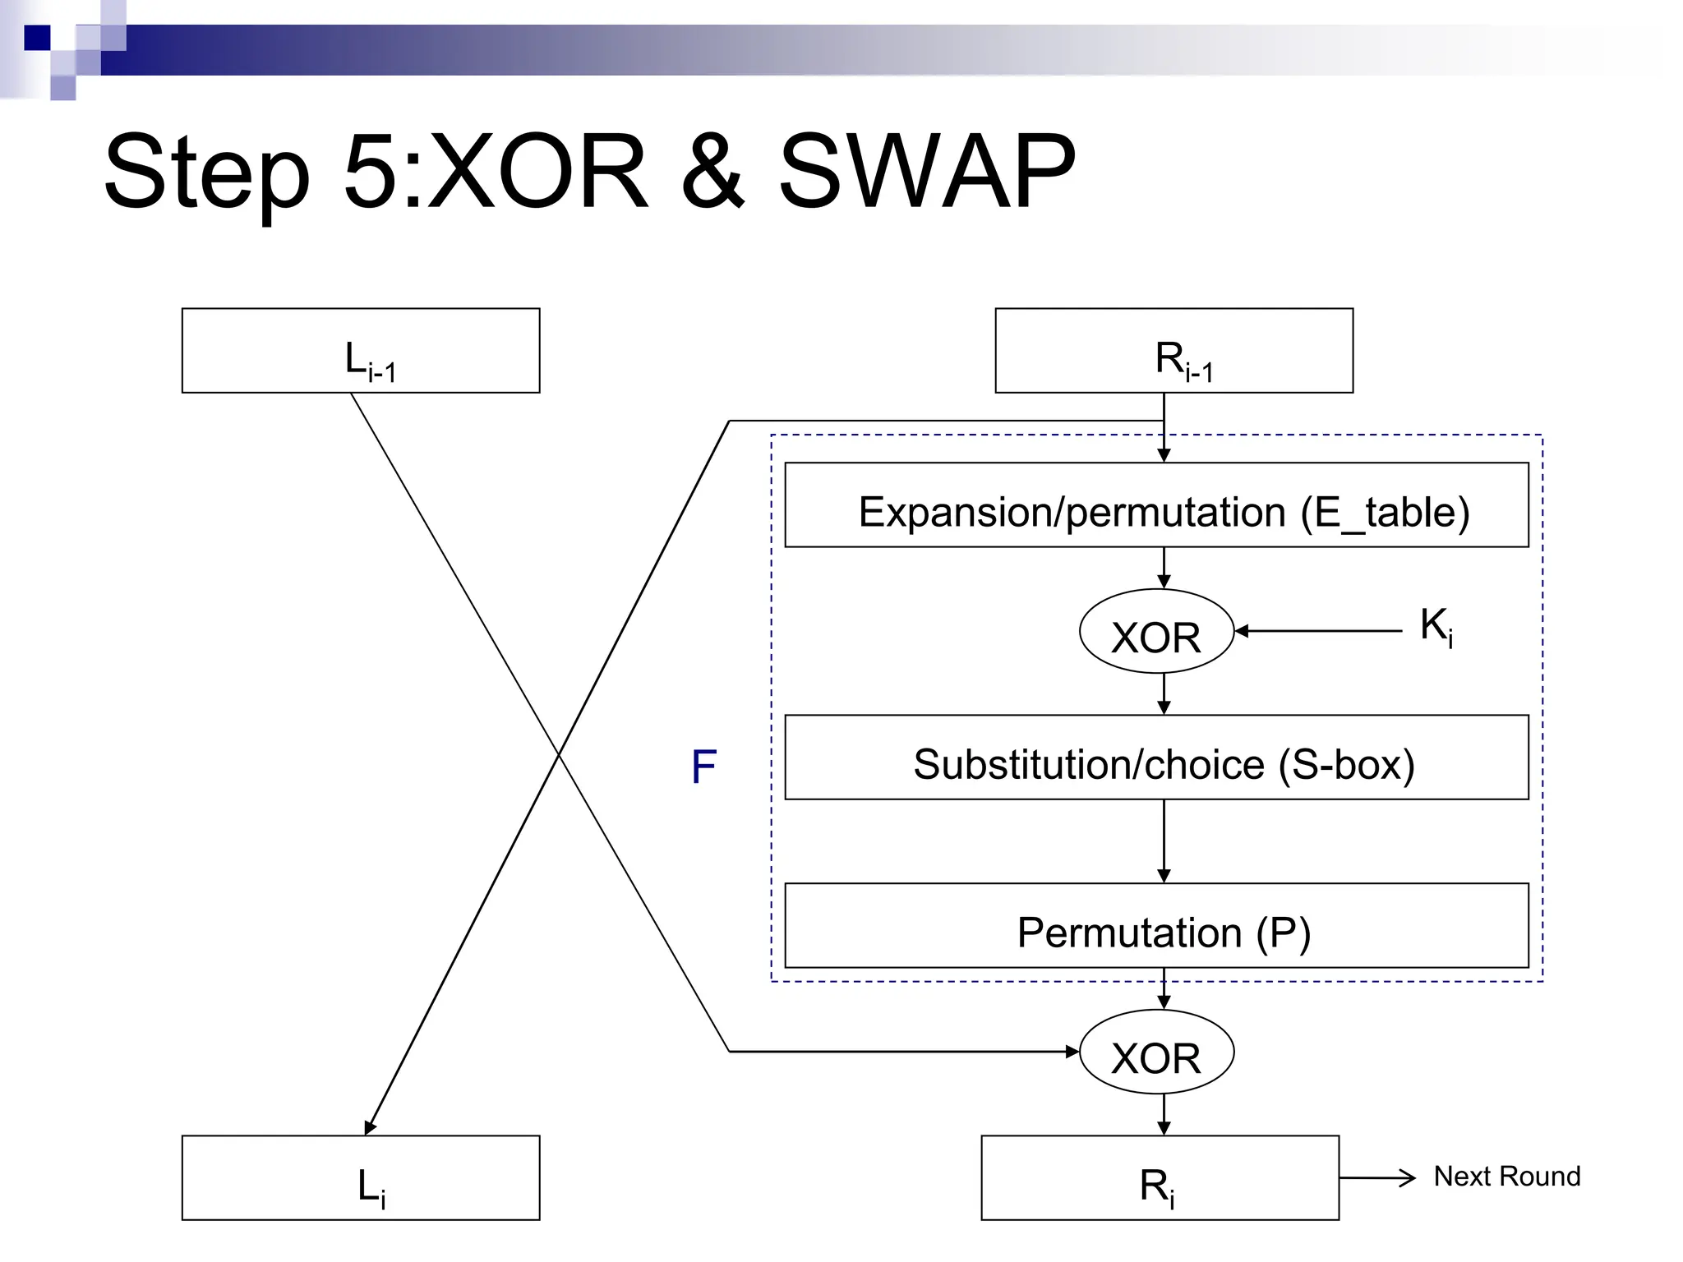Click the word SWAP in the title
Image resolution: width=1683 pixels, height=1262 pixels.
pyautogui.click(x=926, y=173)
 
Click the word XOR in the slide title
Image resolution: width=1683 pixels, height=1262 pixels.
pyautogui.click(x=538, y=173)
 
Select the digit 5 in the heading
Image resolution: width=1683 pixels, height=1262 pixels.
pyautogui.click(x=374, y=173)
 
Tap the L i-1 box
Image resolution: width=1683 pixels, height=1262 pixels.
pyautogui.click(x=360, y=351)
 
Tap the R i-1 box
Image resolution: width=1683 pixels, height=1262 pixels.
pyautogui.click(x=1173, y=351)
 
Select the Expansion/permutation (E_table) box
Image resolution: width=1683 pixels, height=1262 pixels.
pyautogui.click(x=1156, y=505)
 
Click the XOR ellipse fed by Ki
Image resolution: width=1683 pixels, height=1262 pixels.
pyautogui.click(x=1156, y=632)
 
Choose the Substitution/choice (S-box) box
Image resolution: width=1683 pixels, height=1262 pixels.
pyautogui.click(x=1156, y=758)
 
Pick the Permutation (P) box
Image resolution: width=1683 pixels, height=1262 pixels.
pyautogui.click(x=1156, y=926)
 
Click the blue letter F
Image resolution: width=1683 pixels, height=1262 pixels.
pyautogui.click(x=703, y=767)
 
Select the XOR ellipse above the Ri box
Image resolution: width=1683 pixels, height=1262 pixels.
pyautogui.click(x=1156, y=1052)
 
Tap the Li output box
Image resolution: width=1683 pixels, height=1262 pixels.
pyautogui.click(x=360, y=1178)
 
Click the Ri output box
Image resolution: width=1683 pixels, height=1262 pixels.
pyautogui.click(x=1160, y=1178)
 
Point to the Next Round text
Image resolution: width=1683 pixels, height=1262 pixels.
pyautogui.click(x=1506, y=1177)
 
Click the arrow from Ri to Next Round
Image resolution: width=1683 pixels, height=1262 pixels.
pyautogui.click(x=1376, y=1178)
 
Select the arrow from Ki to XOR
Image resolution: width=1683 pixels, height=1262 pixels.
pyautogui.click(x=1319, y=631)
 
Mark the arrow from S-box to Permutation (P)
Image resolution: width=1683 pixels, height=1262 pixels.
pyautogui.click(x=1164, y=841)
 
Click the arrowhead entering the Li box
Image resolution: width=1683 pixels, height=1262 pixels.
pyautogui.click(x=370, y=1127)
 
